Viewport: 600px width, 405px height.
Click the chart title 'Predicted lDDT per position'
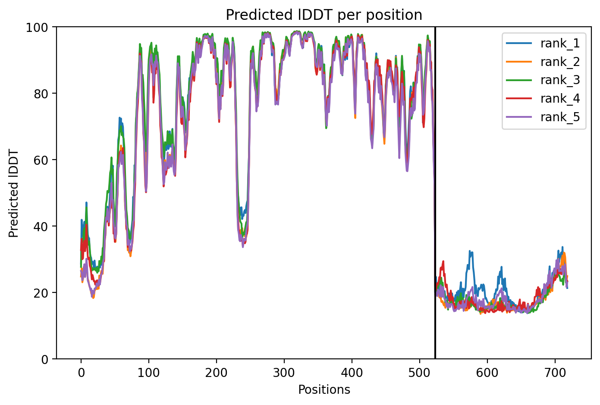(324, 15)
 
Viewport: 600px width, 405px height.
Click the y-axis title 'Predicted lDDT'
(14, 193)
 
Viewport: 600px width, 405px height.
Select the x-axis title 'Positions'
(324, 390)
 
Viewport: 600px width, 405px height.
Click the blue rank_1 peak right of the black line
(471, 252)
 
